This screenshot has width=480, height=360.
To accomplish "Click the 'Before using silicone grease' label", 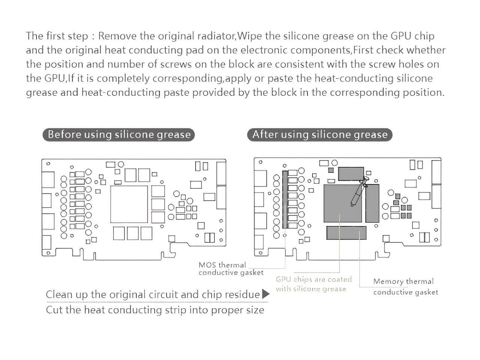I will [x=119, y=135].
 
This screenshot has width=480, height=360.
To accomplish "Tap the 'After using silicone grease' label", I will [x=319, y=135].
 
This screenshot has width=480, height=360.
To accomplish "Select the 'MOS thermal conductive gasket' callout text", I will [x=231, y=269].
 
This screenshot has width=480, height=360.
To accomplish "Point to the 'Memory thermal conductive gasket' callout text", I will [x=405, y=286].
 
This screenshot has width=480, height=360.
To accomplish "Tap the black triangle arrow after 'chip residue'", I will [x=265, y=294].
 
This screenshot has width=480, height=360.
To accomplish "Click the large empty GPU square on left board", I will [x=129, y=204].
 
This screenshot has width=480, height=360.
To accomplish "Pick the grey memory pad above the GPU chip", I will [x=351, y=174].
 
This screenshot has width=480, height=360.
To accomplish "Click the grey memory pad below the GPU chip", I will [x=346, y=233].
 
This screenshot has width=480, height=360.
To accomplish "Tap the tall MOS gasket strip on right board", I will [x=285, y=199].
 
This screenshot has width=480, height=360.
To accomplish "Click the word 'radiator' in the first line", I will [x=215, y=36].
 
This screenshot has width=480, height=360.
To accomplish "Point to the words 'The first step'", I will [x=56, y=36].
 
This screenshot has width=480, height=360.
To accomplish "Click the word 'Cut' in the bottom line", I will [x=54, y=310].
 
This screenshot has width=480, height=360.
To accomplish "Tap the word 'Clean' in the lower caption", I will [x=59, y=295].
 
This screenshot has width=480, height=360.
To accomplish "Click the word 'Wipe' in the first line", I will [x=250, y=36].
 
